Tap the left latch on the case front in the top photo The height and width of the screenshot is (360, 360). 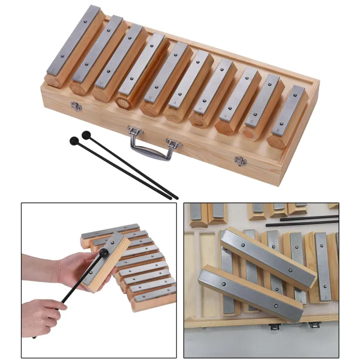(x=76, y=105)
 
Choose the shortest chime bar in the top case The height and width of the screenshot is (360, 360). (x=291, y=111)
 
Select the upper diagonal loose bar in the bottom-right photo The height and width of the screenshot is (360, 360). (x=270, y=257)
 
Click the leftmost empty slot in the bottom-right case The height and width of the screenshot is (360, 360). (x=203, y=280)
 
